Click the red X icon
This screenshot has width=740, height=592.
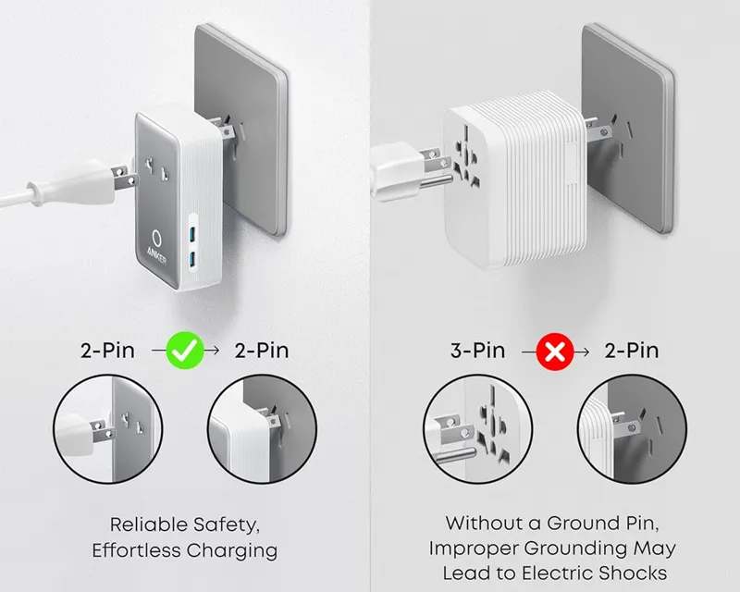555,351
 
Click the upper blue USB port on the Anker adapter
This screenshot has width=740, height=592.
193,232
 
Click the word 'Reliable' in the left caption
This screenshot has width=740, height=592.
148,524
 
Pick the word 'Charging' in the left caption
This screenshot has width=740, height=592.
231,550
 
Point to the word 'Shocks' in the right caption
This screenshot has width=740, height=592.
624,573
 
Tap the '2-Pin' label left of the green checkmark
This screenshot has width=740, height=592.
108,351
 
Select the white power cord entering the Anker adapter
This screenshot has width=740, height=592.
37,191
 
